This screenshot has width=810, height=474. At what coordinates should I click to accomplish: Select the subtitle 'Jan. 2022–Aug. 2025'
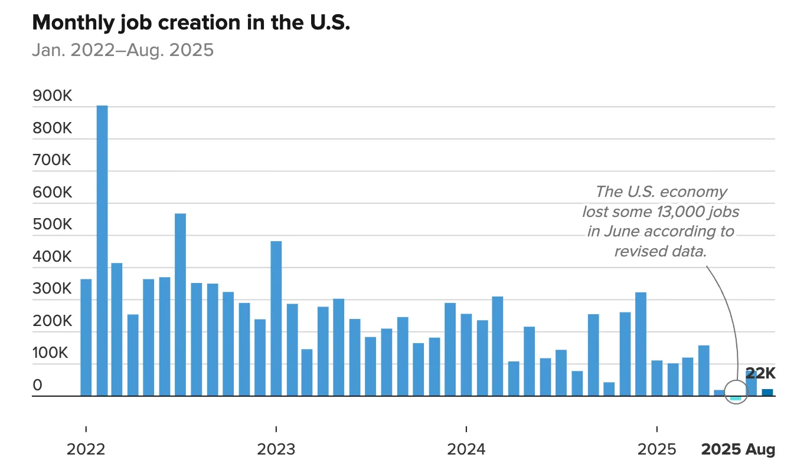click(x=122, y=50)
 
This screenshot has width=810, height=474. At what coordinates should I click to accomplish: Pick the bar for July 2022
click(x=180, y=304)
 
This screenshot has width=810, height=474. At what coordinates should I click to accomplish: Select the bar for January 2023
click(x=276, y=318)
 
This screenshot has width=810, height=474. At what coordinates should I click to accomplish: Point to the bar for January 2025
click(x=657, y=378)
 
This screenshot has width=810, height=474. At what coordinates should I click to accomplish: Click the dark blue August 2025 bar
click(x=767, y=393)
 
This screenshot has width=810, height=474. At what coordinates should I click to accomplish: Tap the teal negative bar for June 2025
click(x=735, y=399)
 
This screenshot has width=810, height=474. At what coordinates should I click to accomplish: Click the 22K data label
click(x=760, y=373)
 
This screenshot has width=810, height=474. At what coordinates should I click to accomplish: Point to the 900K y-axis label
click(x=53, y=96)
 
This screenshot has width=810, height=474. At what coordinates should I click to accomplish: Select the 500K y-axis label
click(x=53, y=225)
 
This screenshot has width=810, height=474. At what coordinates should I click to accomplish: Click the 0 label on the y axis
click(x=37, y=385)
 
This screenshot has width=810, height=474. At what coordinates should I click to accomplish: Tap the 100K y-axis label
click(x=53, y=353)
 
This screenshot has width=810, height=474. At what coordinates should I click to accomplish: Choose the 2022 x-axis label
click(x=86, y=449)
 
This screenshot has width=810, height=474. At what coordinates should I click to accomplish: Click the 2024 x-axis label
click(x=466, y=449)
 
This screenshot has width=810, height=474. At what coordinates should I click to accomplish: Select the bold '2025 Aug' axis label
click(x=737, y=449)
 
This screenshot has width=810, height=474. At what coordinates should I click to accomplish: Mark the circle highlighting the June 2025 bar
click(x=736, y=391)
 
